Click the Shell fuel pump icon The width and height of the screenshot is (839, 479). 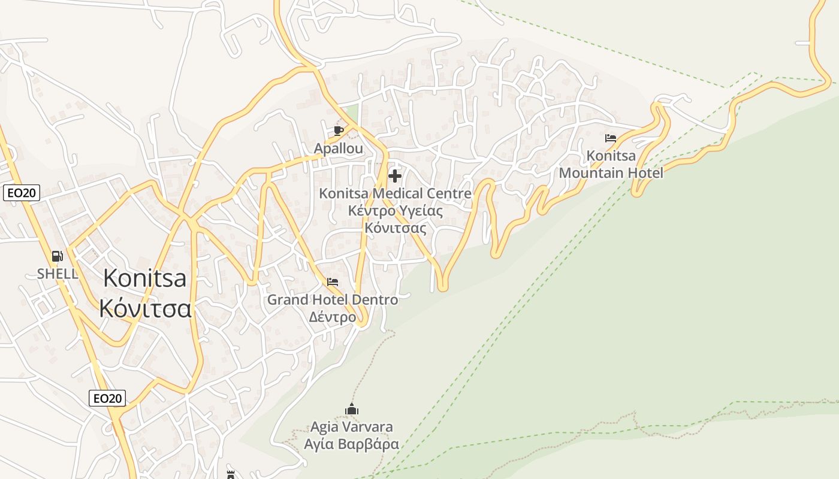pyautogui.click(x=58, y=256)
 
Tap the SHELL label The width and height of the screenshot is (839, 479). pyautogui.click(x=58, y=274)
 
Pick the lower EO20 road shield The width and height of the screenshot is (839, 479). pyautogui.click(x=107, y=398)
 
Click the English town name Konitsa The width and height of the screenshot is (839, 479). pyautogui.click(x=144, y=278)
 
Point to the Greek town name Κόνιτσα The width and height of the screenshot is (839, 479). pyautogui.click(x=145, y=308)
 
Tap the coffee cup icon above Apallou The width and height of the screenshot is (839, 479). pyautogui.click(x=339, y=131)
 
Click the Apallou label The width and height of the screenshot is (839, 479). pyautogui.click(x=339, y=148)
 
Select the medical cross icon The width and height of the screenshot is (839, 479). pyautogui.click(x=395, y=176)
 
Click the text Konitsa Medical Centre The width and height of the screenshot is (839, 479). pyautogui.click(x=395, y=193)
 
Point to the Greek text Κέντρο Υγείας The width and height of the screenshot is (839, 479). pyautogui.click(x=395, y=211)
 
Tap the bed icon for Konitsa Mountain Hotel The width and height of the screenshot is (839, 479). pyautogui.click(x=611, y=138)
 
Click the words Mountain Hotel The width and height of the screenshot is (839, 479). pyautogui.click(x=611, y=173)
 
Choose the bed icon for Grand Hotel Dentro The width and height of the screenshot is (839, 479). pyautogui.click(x=333, y=281)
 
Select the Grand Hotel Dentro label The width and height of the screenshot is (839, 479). pyautogui.click(x=333, y=299)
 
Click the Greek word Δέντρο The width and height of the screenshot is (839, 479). pyautogui.click(x=333, y=317)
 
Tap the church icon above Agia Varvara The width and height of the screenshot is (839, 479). pyautogui.click(x=352, y=410)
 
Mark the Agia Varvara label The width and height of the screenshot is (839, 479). pyautogui.click(x=352, y=427)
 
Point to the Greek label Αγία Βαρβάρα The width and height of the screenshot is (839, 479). pyautogui.click(x=352, y=445)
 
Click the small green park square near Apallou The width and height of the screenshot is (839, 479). pyautogui.click(x=351, y=112)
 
